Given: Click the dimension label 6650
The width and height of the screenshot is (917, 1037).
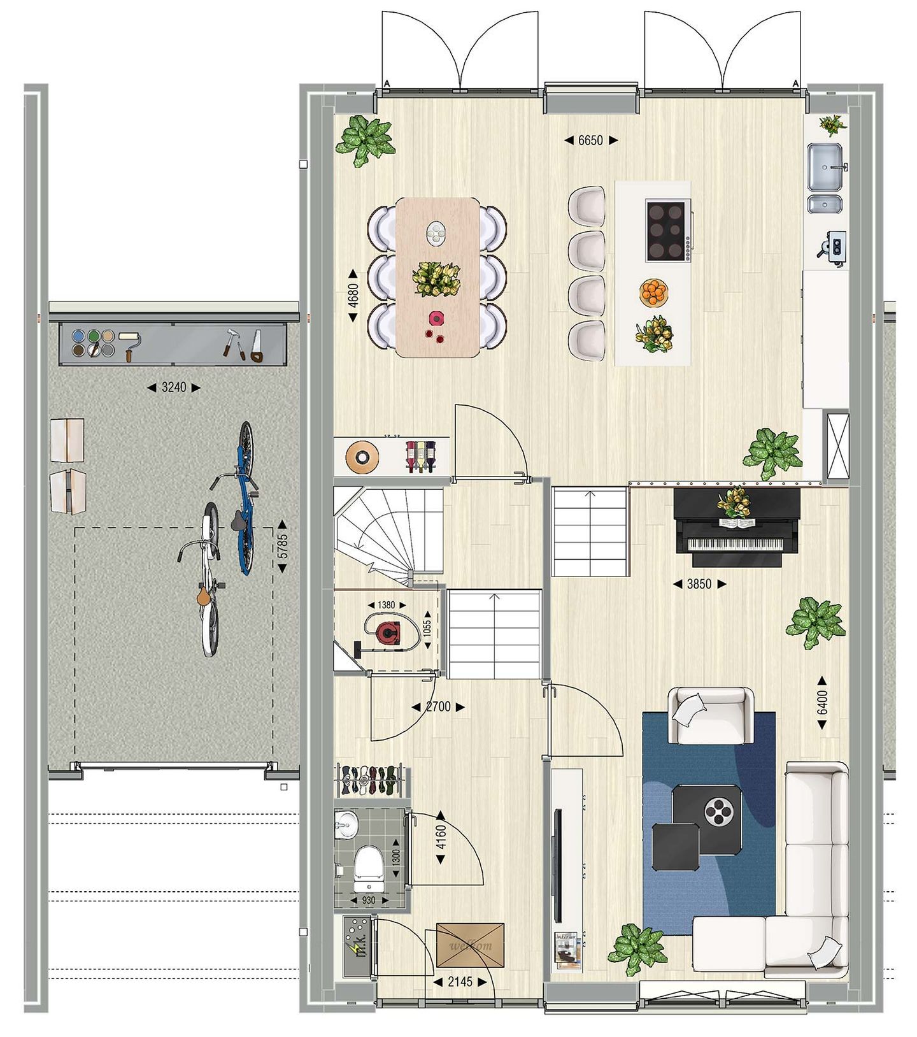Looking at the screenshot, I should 590,141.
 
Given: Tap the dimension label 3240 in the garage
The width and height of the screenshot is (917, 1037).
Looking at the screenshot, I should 173,387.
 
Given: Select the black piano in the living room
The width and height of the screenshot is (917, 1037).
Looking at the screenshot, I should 736,527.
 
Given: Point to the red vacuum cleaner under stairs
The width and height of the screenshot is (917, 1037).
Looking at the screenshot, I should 387,632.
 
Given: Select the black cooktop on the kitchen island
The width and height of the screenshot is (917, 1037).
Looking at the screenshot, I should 667,231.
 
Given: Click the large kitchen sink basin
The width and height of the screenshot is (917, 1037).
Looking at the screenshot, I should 826,167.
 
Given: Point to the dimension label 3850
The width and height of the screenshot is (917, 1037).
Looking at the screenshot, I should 699,584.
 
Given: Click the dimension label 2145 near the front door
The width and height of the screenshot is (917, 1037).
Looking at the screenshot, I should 460,982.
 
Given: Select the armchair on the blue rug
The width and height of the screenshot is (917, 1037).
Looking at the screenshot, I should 708,715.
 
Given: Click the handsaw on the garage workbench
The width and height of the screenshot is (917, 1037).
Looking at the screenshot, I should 256,346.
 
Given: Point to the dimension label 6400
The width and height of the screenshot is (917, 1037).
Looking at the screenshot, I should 822,702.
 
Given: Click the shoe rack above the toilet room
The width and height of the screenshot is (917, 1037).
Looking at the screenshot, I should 370,780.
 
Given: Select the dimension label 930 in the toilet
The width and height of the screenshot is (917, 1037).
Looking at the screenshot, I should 369,901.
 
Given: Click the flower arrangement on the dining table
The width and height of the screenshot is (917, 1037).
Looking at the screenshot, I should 436,279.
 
